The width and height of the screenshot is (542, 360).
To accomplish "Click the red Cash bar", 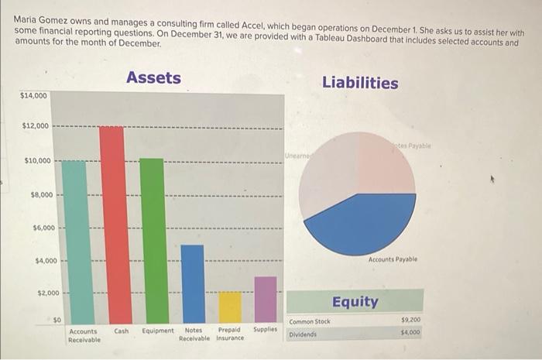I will tap(116, 225).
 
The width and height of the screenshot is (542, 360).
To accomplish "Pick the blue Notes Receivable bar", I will tap(193, 283).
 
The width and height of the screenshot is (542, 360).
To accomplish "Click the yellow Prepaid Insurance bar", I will tap(230, 307).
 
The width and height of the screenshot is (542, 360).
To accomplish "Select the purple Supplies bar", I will tap(266, 299).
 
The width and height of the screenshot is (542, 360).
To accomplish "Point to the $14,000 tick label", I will tap(33, 96).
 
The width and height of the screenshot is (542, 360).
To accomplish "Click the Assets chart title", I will tap(153, 77).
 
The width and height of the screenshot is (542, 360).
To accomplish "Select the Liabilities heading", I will tap(360, 83).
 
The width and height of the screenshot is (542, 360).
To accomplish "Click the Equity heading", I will tap(355, 301).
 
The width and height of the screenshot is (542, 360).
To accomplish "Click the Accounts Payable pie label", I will tap(393, 260).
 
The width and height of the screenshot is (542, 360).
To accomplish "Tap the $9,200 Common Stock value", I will tap(410, 320).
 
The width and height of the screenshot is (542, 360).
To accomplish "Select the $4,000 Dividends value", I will tap(410, 332).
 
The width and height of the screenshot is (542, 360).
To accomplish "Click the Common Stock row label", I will tap(310, 321).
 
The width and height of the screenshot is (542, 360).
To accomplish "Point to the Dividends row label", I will tap(303, 334).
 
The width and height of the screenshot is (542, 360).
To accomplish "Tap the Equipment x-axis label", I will tap(158, 331).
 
